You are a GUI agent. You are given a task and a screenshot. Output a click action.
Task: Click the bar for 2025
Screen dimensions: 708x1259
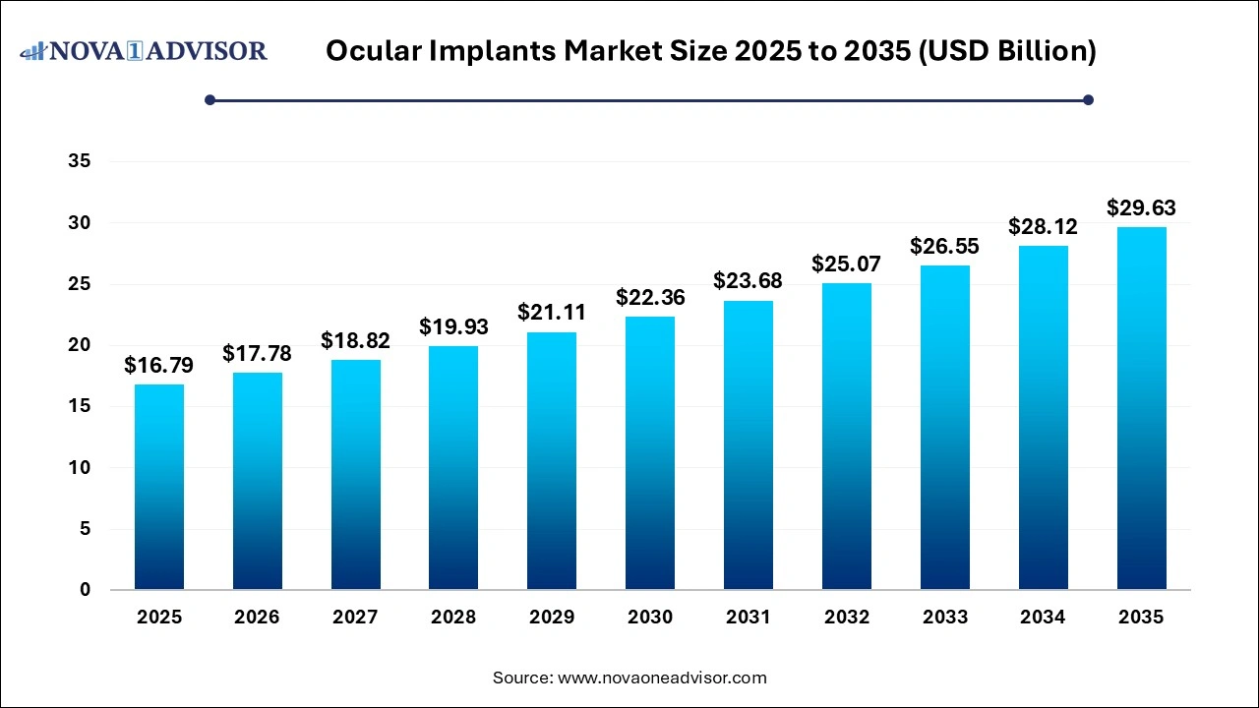[x=158, y=487]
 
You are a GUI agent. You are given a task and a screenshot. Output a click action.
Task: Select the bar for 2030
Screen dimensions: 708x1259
[x=650, y=452]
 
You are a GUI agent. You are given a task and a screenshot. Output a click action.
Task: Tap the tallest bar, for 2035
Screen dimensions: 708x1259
[x=1141, y=408]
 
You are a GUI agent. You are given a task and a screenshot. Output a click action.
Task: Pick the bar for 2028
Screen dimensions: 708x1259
[x=453, y=467]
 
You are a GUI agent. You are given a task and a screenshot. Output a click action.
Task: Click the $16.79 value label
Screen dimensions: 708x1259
[x=158, y=366]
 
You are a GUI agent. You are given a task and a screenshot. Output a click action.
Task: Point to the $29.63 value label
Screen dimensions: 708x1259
[x=1141, y=208]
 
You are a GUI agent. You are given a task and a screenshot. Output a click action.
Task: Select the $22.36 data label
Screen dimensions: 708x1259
[x=650, y=297]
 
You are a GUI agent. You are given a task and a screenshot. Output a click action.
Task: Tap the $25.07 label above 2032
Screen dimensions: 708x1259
[x=847, y=264]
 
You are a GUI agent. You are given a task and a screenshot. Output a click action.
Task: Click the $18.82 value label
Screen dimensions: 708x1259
[x=355, y=341]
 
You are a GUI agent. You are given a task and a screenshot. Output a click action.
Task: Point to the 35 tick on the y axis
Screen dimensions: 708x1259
[x=80, y=162]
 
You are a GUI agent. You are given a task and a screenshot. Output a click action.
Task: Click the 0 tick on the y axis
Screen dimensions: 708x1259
[x=86, y=590]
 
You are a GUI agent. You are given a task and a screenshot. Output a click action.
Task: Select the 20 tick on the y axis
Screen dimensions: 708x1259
[x=80, y=345]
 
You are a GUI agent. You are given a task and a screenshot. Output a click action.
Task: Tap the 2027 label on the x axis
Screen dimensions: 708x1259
[x=355, y=618]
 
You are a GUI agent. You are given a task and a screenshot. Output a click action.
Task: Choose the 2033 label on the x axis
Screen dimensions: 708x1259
[x=945, y=618]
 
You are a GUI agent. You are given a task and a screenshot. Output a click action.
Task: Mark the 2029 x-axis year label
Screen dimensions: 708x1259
[x=552, y=618]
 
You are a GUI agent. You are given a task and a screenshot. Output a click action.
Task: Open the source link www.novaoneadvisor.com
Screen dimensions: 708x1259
[x=662, y=678]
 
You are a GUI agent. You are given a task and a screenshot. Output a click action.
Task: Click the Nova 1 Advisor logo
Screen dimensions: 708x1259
[x=144, y=50]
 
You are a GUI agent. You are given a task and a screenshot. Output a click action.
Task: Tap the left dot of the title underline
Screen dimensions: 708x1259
[x=210, y=99]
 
